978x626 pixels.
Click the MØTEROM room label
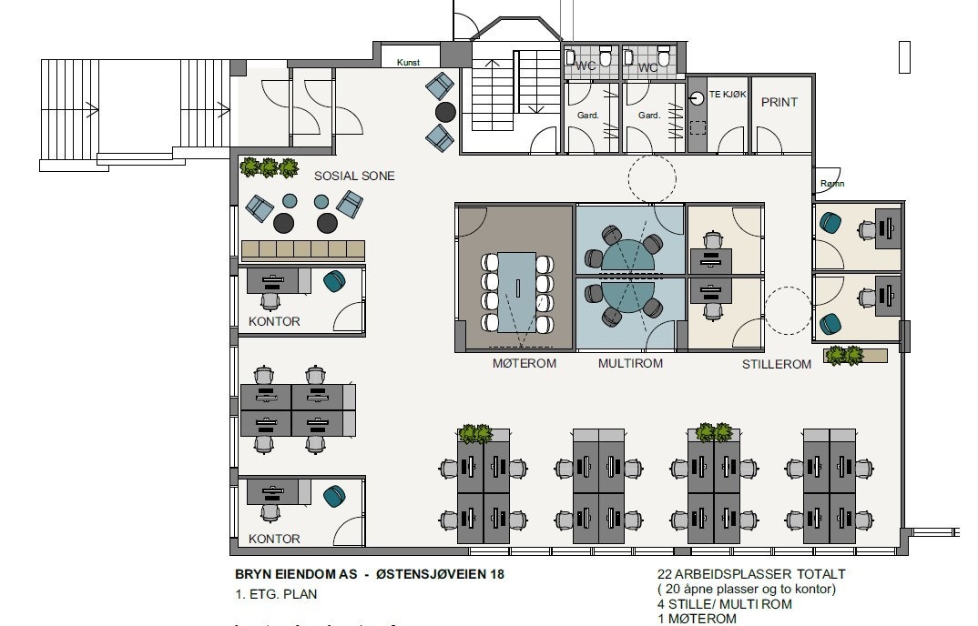tap(524, 363)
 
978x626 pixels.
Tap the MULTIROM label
tap(630, 363)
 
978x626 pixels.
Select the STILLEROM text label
tap(775, 365)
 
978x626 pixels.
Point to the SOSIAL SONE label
tap(354, 176)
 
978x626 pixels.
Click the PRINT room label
tap(779, 102)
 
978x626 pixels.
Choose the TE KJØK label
tap(728, 94)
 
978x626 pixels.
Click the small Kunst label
tap(406, 62)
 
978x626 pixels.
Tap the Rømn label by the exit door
tap(832, 184)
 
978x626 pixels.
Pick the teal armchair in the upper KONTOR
tap(334, 281)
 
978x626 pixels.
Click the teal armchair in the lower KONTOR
tap(334, 496)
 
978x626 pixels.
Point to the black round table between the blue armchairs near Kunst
tap(445, 112)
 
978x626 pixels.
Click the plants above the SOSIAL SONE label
tap(270, 167)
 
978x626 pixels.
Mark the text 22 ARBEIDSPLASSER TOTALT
tap(751, 574)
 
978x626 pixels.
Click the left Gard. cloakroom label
tap(587, 116)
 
